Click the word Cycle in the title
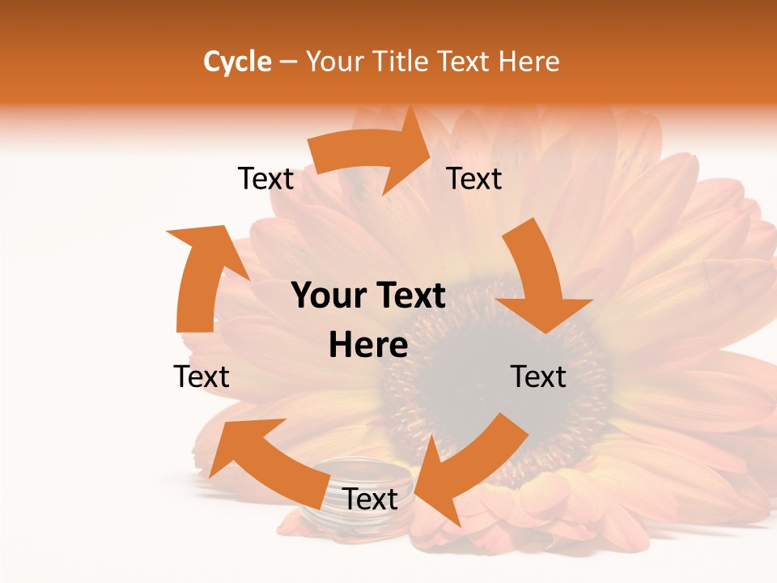(x=236, y=62)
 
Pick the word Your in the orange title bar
(x=333, y=62)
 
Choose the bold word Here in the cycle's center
(x=368, y=346)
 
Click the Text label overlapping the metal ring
(x=370, y=500)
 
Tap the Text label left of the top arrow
(x=265, y=178)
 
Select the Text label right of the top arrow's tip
(x=474, y=178)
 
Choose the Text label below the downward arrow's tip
(x=538, y=377)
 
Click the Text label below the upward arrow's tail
(x=202, y=377)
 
